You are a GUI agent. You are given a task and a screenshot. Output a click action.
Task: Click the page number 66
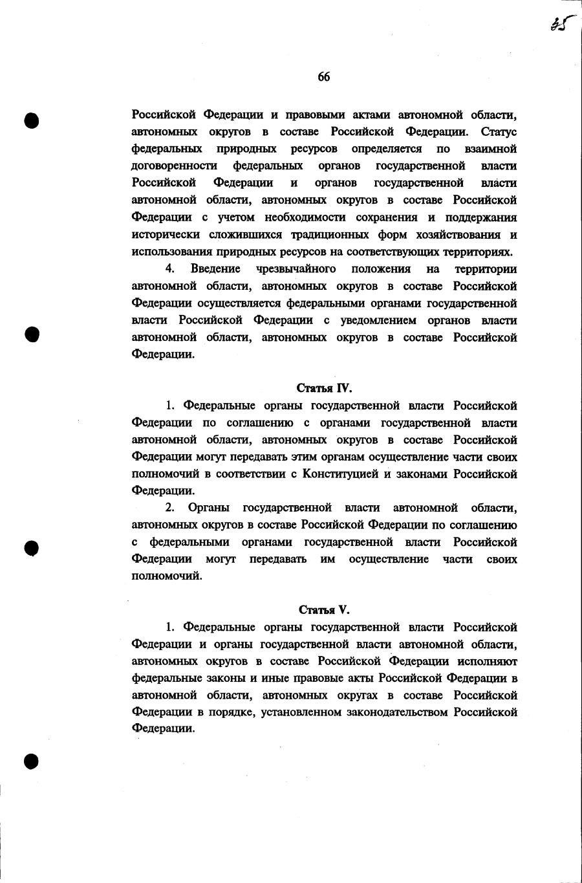tap(324, 77)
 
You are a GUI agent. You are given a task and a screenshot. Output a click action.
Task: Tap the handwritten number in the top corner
tap(559, 24)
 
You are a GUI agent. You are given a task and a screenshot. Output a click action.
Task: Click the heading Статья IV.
tap(324, 388)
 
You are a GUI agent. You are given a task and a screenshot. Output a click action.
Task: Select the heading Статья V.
tap(324, 609)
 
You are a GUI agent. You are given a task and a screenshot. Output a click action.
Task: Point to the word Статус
tap(499, 132)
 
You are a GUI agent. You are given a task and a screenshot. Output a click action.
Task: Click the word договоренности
tap(174, 166)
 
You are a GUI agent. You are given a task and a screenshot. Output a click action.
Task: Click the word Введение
tap(215, 268)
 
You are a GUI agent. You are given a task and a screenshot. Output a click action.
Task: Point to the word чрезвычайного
tap(296, 268)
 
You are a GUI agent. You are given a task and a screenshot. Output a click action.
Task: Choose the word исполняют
tap(487, 661)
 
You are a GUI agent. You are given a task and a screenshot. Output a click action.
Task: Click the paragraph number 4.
tap(170, 268)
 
